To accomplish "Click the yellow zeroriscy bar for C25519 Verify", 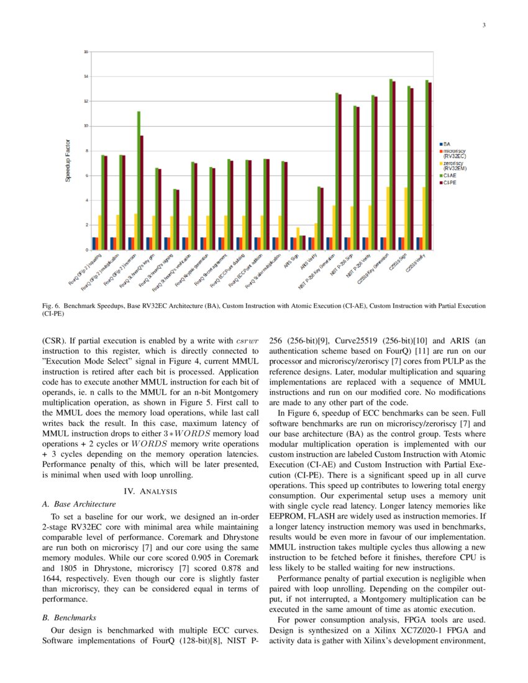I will tap(424, 218).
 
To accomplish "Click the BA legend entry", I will tap(447, 144).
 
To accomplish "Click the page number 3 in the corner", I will tap(483, 25).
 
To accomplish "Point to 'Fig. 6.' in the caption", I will tap(51, 306).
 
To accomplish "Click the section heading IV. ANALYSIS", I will tap(152, 492).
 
